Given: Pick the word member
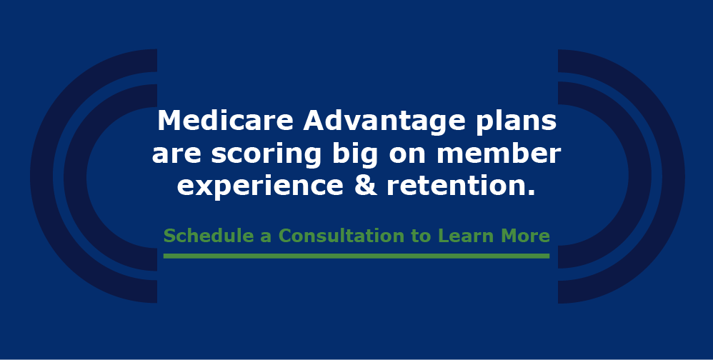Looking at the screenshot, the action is [499, 154].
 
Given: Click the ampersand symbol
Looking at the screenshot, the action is [366, 186].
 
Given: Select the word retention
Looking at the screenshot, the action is [461, 186].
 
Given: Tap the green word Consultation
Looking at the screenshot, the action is [341, 236].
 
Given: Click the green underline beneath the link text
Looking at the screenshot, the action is [356, 256].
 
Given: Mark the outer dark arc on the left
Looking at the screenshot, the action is [42, 176].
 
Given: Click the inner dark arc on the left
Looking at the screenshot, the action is [75, 177].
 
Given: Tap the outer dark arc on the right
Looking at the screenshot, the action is [674, 176].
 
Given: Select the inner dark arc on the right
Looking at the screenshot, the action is [640, 176].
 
